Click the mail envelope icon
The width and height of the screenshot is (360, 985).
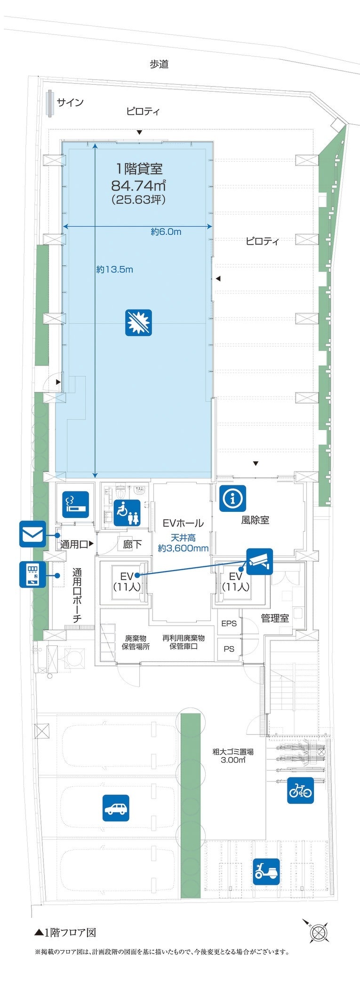(x=32, y=534)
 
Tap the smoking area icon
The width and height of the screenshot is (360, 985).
(x=76, y=505)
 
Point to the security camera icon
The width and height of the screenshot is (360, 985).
(x=259, y=561)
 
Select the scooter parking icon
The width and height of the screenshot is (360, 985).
(x=266, y=872)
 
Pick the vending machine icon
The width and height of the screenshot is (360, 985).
(x=32, y=574)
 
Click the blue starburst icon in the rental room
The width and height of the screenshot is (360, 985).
(x=138, y=323)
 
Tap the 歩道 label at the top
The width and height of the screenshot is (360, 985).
(x=159, y=64)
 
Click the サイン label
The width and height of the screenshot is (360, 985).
(x=70, y=103)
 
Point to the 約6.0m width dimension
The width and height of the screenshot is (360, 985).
(x=166, y=232)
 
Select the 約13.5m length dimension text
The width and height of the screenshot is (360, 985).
(x=115, y=270)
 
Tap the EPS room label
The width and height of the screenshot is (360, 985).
(x=229, y=623)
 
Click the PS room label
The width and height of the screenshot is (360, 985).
(x=229, y=649)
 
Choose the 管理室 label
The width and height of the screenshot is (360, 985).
(x=275, y=618)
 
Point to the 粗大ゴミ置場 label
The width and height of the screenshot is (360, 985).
(x=233, y=752)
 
